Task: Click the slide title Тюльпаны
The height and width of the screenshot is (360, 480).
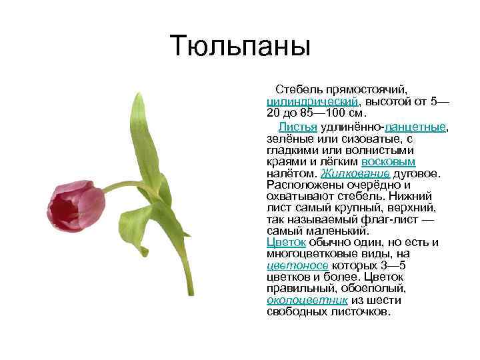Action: tap(240, 45)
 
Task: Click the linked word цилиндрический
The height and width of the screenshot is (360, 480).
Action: tap(313, 101)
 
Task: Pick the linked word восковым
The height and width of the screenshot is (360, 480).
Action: tap(388, 162)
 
